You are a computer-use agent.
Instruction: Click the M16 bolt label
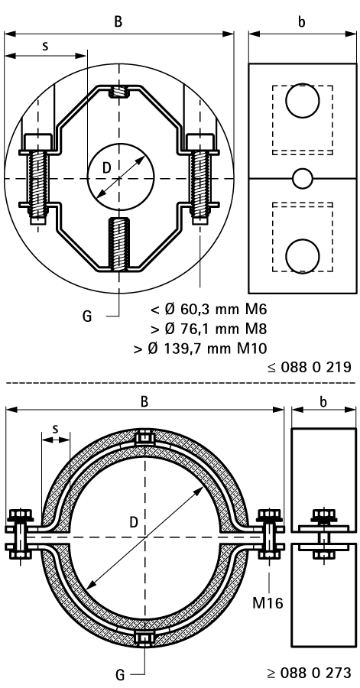[x=267, y=602]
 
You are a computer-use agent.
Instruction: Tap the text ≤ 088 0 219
[x=310, y=367]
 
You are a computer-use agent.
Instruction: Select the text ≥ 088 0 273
[x=310, y=672]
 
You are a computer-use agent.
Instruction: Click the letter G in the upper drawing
[x=87, y=316]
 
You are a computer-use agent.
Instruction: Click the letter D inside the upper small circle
[x=107, y=167]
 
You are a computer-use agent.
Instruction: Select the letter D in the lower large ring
[x=135, y=522]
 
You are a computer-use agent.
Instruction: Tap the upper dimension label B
[x=118, y=22]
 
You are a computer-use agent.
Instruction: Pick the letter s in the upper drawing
[x=46, y=46]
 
